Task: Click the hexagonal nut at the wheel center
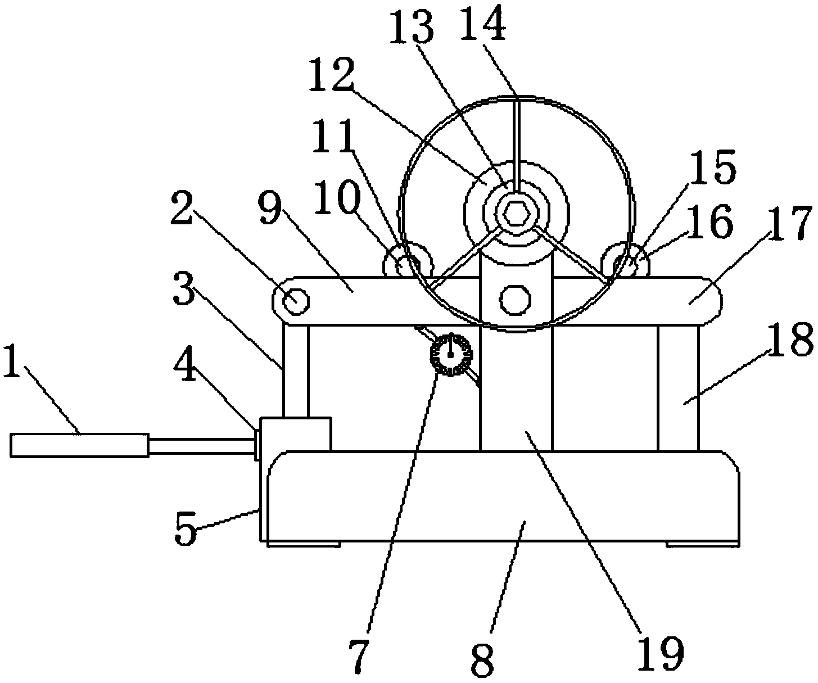tap(514, 213)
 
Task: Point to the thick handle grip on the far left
tap(79, 445)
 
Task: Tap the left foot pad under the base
tap(304, 544)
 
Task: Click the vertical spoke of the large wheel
tap(516, 141)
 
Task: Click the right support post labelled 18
tap(678, 388)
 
